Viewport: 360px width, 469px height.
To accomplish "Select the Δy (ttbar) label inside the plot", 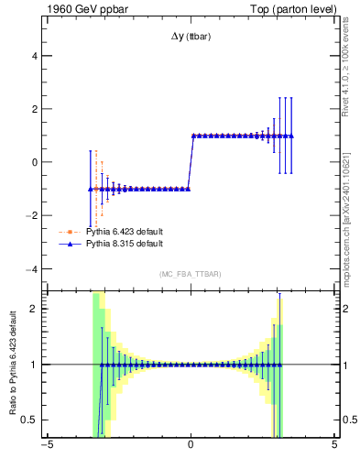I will click(x=190, y=37).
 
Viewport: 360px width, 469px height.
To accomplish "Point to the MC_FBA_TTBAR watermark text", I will click(x=190, y=275).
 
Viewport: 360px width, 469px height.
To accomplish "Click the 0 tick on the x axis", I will click(x=190, y=446).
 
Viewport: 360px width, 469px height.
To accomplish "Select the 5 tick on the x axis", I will click(x=333, y=446).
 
